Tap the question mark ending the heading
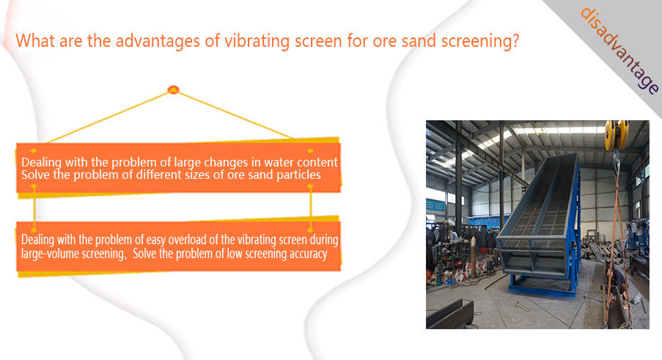(515, 41)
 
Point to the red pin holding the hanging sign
(174, 89)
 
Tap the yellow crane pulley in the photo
(617, 135)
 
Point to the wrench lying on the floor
(521, 306)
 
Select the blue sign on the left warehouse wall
(435, 205)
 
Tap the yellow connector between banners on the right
(311, 207)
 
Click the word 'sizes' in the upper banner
(197, 175)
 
